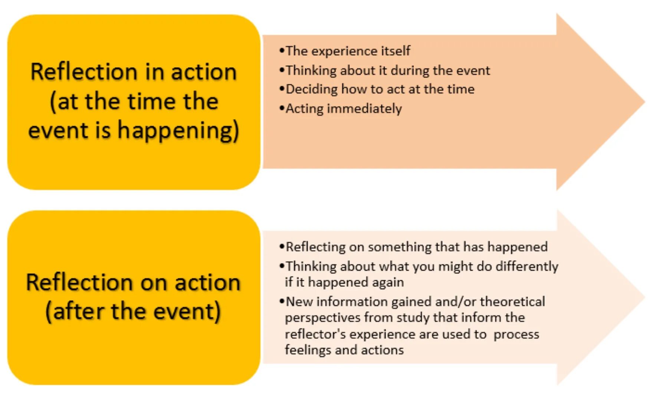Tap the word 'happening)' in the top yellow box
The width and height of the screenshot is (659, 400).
pyautogui.click(x=178, y=131)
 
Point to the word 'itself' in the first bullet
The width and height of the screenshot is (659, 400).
pyautogui.click(x=396, y=51)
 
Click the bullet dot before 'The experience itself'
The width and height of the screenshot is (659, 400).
pyautogui.click(x=282, y=50)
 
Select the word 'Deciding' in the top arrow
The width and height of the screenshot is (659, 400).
pyautogui.click(x=312, y=89)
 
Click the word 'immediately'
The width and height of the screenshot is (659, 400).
pyautogui.click(x=364, y=109)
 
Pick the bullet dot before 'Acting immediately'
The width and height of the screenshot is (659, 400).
pyautogui.click(x=282, y=108)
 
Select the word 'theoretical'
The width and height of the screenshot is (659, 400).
pyautogui.click(x=512, y=302)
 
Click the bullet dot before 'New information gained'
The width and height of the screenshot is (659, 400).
pyautogui.click(x=282, y=301)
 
